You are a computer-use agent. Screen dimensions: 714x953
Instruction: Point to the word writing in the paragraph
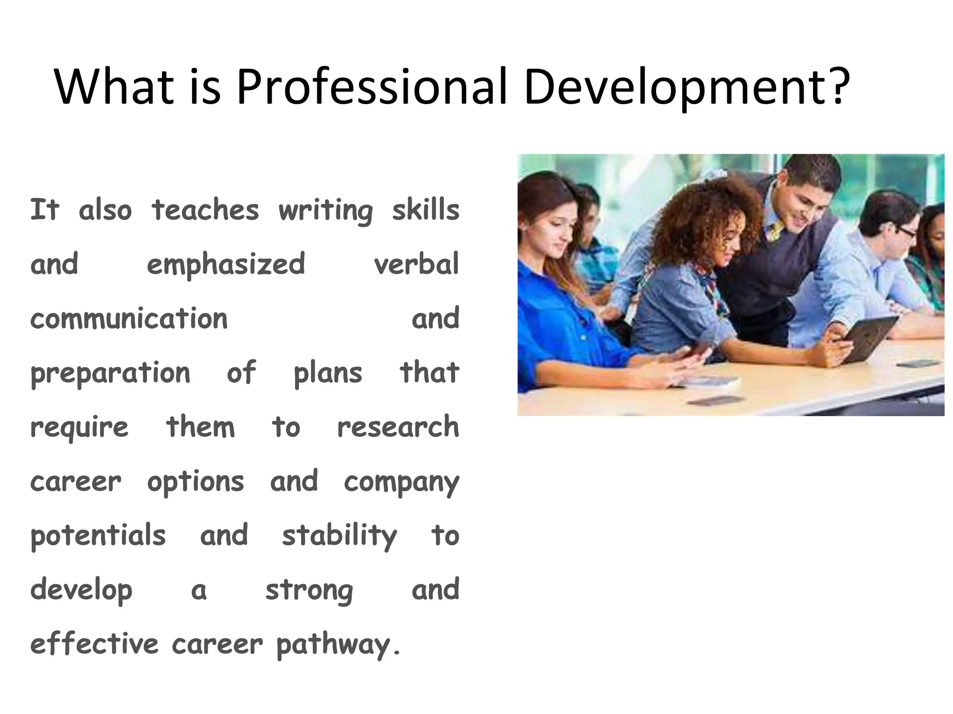click(325, 211)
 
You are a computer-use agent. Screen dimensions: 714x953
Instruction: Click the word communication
click(129, 319)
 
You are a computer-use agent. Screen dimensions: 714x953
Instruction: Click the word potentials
click(98, 536)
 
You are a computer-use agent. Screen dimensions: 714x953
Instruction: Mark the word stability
click(339, 536)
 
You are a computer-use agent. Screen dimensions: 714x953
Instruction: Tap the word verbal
click(416, 264)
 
